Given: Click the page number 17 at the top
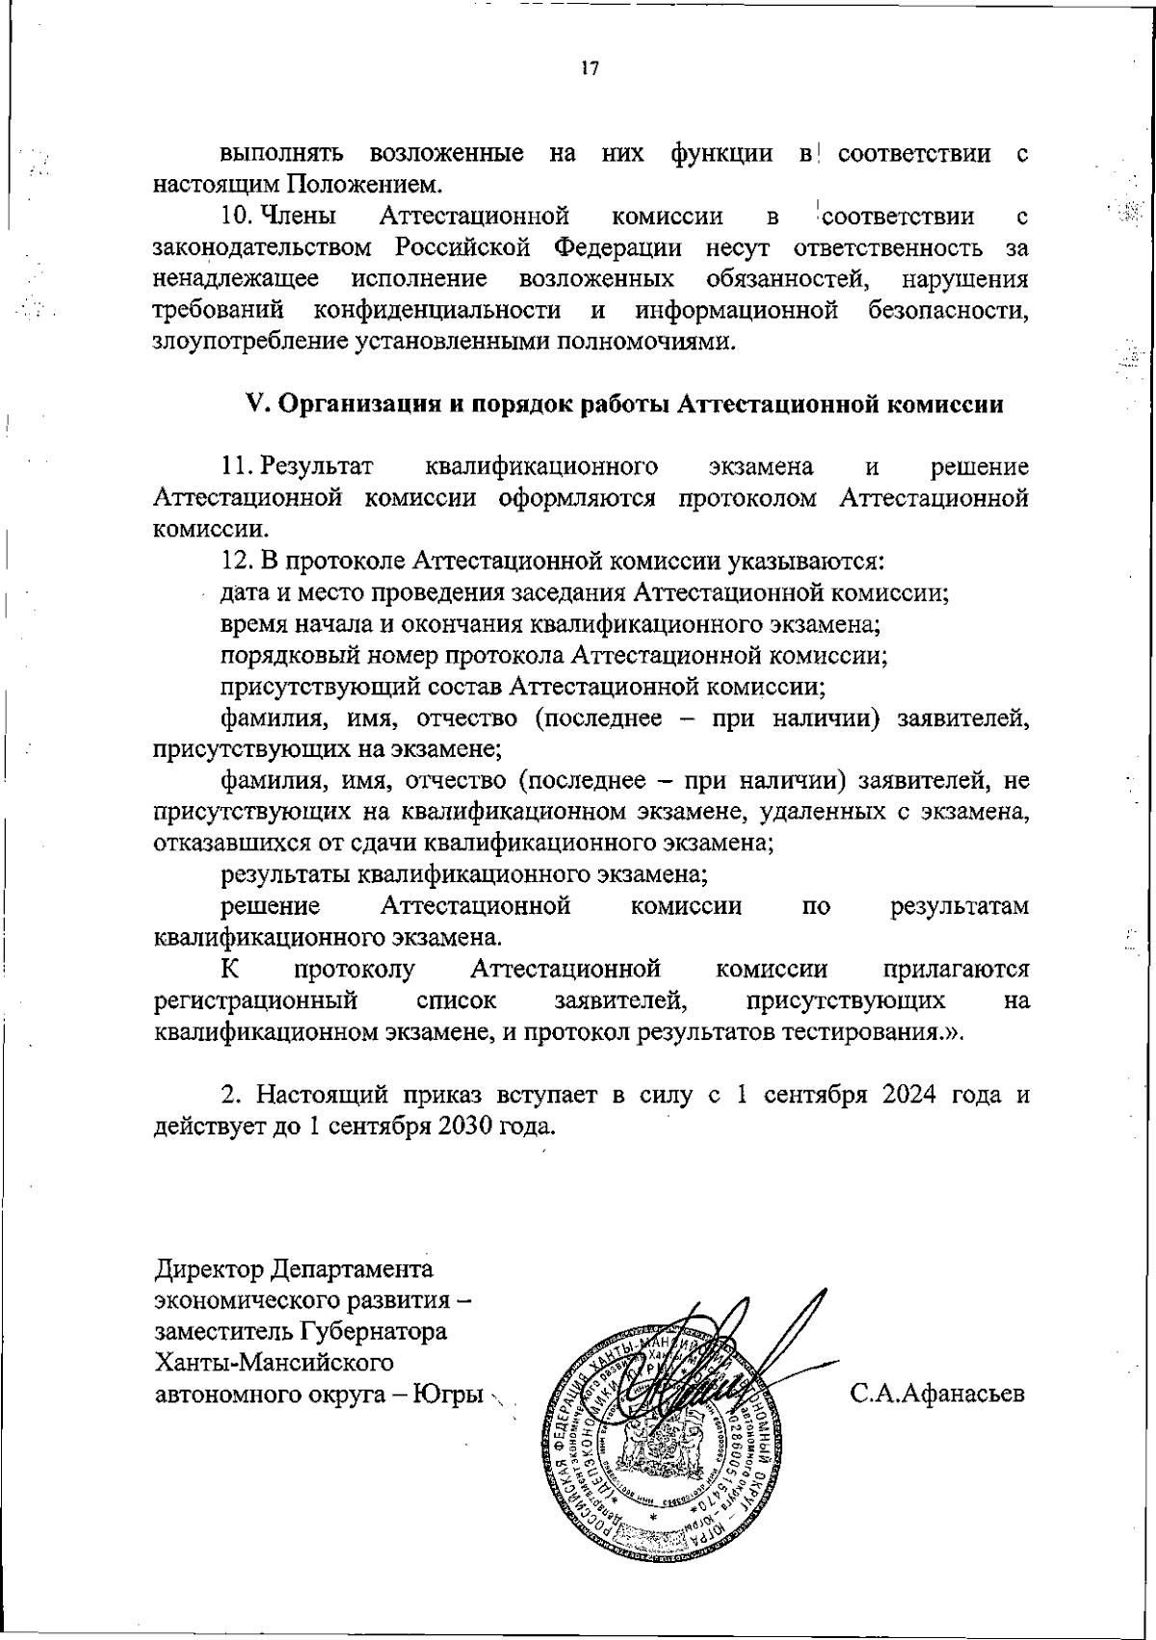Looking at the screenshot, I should click(590, 68).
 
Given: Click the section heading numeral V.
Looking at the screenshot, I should click(255, 404).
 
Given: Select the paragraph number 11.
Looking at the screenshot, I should click(236, 467).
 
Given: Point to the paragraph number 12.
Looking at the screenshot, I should click(236, 560).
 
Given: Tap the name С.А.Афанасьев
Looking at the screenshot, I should click(936, 1393).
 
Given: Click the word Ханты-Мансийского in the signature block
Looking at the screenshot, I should click(275, 1362).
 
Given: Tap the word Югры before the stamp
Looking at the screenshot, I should click(447, 1393).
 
